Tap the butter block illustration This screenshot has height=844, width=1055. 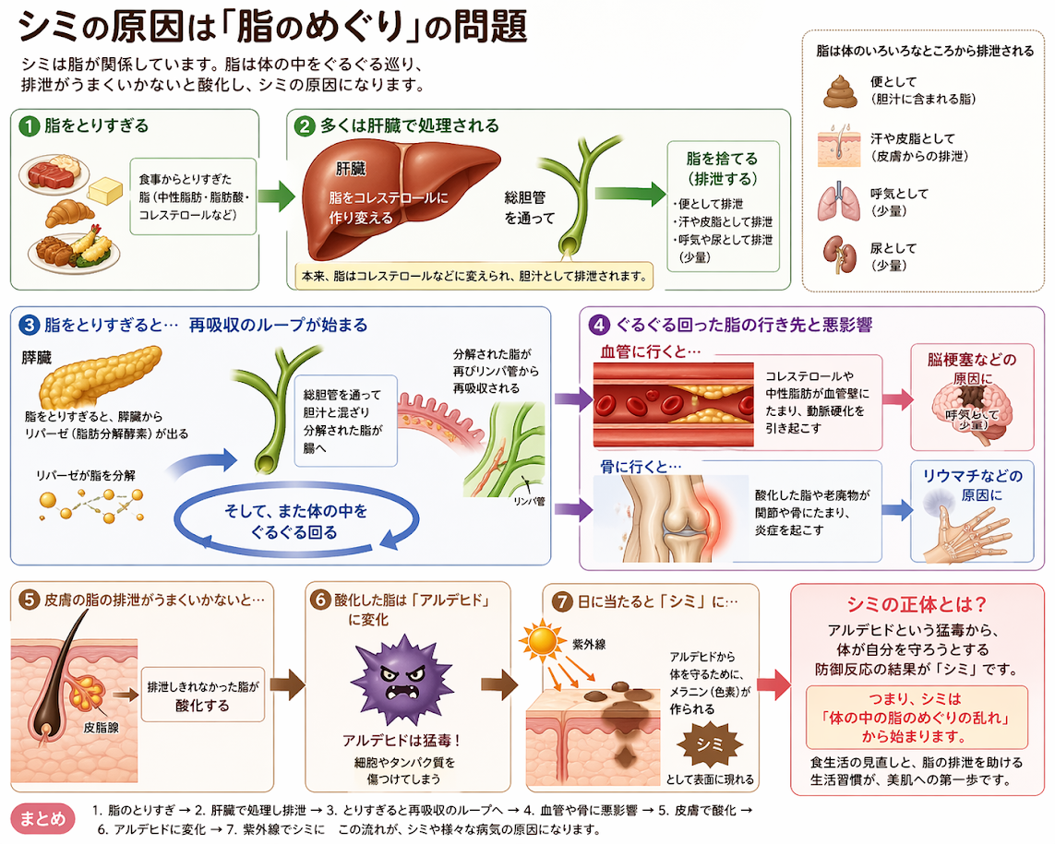(105, 191)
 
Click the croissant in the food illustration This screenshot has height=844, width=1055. (70, 213)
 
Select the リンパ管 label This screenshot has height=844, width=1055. (531, 505)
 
